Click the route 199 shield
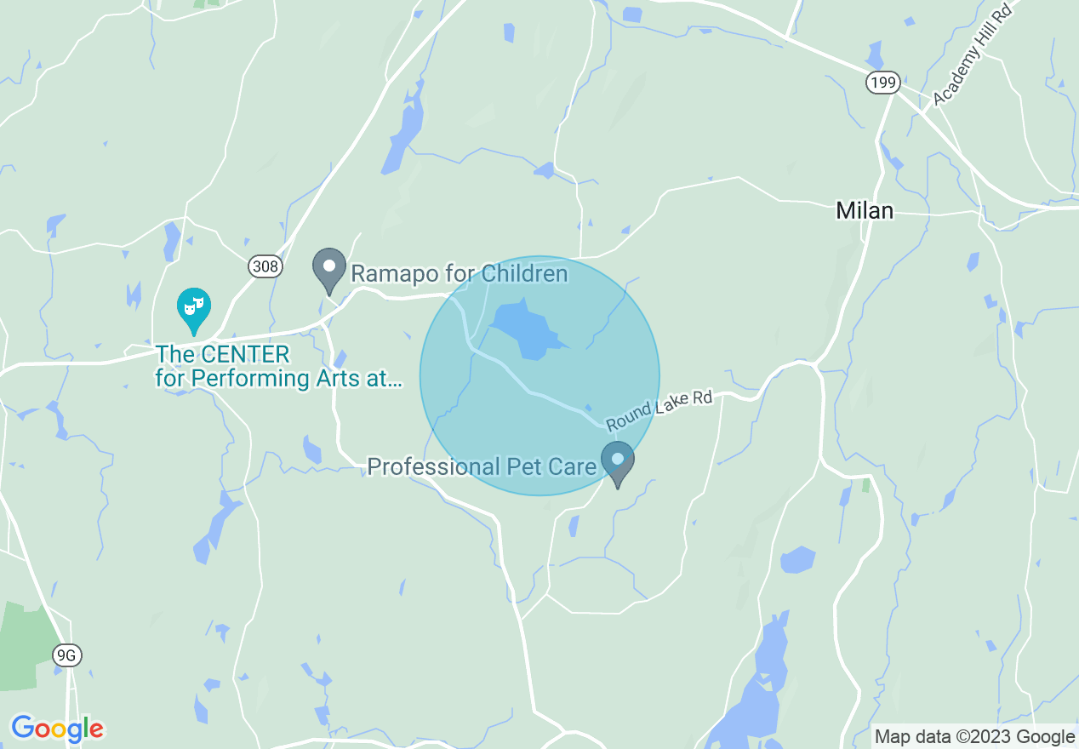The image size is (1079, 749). click(x=882, y=83)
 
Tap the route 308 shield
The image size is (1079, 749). click(x=265, y=267)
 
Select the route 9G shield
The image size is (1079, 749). click(x=66, y=655)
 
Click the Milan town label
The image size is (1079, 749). click(x=865, y=211)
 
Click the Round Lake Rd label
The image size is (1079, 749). click(x=659, y=410)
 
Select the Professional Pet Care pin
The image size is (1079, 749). click(x=618, y=460)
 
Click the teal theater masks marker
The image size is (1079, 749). click(x=194, y=308)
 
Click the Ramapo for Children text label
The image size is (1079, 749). click(x=459, y=274)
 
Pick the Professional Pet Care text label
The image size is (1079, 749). click(x=481, y=466)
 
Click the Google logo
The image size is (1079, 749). click(x=57, y=729)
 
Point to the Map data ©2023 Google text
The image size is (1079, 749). click(x=975, y=737)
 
